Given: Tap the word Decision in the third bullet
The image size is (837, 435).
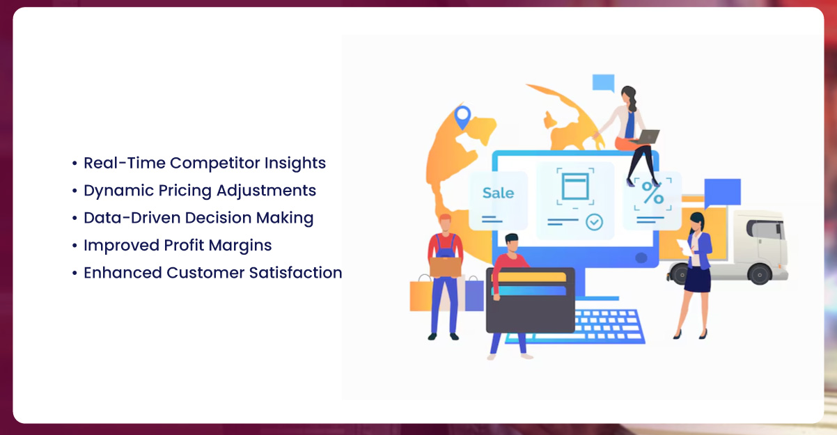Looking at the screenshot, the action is [218, 218].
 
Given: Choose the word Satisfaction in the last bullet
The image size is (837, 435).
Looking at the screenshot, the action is [295, 273].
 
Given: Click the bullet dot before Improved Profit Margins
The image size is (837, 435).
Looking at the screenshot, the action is [75, 246].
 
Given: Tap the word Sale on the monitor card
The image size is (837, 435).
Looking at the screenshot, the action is [498, 193].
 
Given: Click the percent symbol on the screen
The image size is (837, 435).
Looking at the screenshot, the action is [652, 193].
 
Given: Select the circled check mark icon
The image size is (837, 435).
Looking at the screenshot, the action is [594, 222].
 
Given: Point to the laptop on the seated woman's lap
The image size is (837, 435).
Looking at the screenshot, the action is [646, 136].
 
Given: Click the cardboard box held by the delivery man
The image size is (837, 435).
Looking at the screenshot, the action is [445, 267].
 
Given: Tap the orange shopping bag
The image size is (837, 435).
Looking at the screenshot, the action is [421, 295].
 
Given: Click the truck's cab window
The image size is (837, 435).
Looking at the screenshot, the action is [765, 230].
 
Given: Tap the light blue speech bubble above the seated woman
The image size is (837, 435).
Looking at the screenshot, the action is [604, 83].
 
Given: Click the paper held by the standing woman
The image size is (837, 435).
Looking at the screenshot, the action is [685, 247].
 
